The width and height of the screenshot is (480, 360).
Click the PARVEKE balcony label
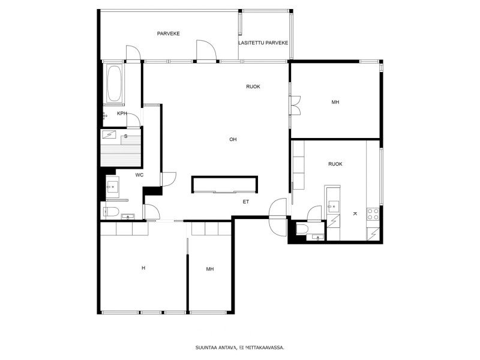[169, 34]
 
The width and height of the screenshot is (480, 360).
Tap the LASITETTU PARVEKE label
[263, 43]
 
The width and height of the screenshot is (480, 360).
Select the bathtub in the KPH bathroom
[114, 83]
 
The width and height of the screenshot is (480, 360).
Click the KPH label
[122, 113]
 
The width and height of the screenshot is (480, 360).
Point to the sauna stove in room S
[109, 134]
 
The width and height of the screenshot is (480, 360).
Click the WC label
[139, 175]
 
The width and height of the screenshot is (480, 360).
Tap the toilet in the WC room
[111, 212]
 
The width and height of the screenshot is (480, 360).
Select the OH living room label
[233, 140]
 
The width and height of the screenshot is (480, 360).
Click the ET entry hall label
[246, 202]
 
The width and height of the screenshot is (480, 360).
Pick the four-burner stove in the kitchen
[373, 214]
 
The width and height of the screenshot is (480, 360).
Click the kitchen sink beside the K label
[333, 206]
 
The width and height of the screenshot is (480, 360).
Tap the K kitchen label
[355, 214]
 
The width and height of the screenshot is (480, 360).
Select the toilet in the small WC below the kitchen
[302, 229]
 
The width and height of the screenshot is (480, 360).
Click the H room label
[143, 268]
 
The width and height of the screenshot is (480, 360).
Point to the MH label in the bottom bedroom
[209, 269]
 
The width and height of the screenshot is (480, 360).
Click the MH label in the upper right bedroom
[335, 102]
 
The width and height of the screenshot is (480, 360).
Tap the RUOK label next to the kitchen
[335, 164]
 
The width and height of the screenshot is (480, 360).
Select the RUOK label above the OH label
[253, 86]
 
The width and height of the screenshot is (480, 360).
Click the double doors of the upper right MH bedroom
[295, 106]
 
